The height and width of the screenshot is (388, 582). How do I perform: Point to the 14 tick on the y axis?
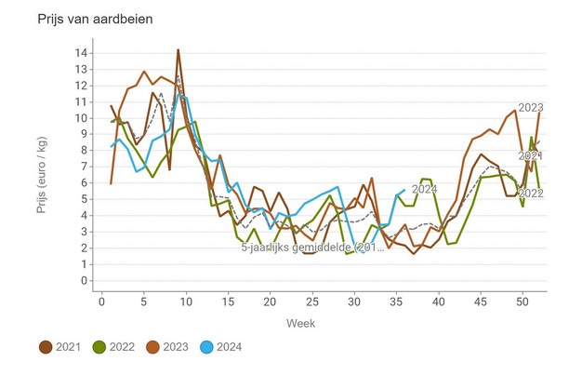pyautogui.click(x=82, y=53)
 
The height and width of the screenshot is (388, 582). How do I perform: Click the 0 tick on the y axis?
pyautogui.click(x=85, y=281)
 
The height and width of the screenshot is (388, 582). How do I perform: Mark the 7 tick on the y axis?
pyautogui.click(x=85, y=167)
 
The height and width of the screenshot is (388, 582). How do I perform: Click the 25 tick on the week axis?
pyautogui.click(x=312, y=301)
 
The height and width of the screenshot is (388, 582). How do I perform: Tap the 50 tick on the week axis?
pyautogui.click(x=522, y=301)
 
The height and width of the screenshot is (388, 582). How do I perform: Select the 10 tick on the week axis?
pyautogui.click(x=186, y=301)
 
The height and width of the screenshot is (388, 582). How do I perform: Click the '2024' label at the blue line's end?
pyautogui.click(x=424, y=190)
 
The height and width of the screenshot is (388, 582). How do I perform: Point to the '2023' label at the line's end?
pyautogui.click(x=530, y=107)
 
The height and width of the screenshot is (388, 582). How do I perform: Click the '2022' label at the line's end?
pyautogui.click(x=530, y=194)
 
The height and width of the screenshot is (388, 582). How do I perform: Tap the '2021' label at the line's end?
pyautogui.click(x=530, y=155)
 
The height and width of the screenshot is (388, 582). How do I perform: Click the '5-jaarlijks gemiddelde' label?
pyautogui.click(x=311, y=248)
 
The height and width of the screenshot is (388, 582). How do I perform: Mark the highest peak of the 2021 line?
pyautogui.click(x=178, y=50)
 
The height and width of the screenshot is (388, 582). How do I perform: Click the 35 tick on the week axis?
pyautogui.click(x=396, y=301)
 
